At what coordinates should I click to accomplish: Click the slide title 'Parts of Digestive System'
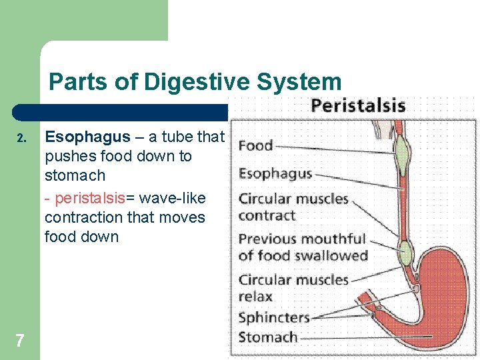click(195, 82)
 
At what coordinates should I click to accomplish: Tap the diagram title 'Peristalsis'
click(358, 105)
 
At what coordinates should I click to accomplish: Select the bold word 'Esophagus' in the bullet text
click(87, 137)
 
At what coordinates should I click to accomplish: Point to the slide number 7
click(20, 341)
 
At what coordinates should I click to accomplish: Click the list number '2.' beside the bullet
click(21, 139)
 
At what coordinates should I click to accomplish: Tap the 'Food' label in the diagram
click(256, 145)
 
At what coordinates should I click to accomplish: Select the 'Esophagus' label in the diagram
click(275, 173)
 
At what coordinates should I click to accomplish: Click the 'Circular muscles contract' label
click(293, 207)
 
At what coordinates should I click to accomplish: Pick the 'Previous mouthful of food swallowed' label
click(303, 247)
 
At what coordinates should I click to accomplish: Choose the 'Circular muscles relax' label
click(293, 287)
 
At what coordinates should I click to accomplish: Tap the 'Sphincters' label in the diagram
click(274, 317)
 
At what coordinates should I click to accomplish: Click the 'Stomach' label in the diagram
click(268, 337)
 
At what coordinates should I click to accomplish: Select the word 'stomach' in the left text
click(75, 175)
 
